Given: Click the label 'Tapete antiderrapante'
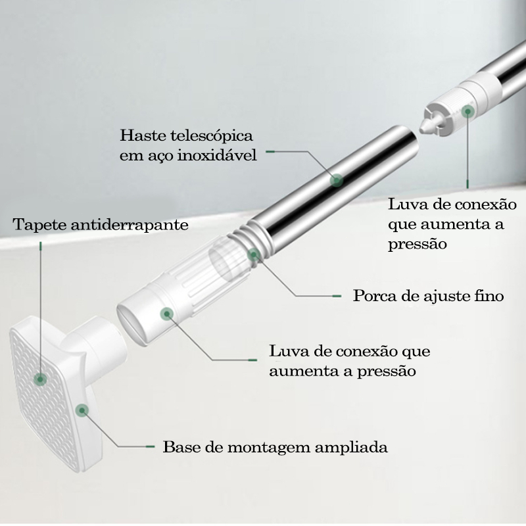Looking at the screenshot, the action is (101, 224).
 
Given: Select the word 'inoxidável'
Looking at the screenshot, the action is (217, 155).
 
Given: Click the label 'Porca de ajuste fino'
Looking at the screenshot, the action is (429, 296).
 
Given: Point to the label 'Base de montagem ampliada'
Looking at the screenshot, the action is (275, 447).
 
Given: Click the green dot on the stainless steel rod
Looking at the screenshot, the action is (337, 180).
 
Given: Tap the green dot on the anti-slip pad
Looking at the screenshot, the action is (40, 379).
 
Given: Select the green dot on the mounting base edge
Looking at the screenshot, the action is (82, 410).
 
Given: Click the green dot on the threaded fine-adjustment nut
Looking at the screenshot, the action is (254, 255).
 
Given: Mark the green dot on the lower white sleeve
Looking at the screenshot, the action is (166, 314).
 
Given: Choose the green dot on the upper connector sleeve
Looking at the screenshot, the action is (467, 111).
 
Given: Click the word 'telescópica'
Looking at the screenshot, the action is (212, 136).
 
